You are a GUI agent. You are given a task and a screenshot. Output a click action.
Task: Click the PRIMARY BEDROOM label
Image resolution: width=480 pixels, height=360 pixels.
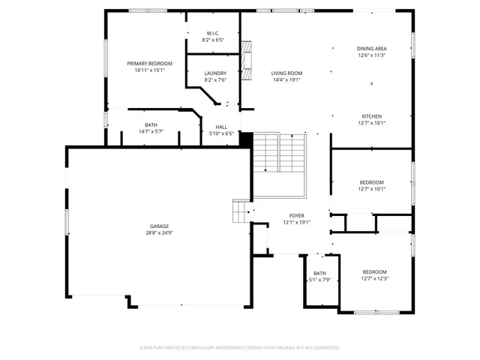[x=149, y=64]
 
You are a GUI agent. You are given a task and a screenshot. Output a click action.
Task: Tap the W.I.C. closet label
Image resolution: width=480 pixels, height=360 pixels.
[x=212, y=34]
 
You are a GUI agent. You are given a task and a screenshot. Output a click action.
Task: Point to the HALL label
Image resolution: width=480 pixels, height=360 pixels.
[x=221, y=127]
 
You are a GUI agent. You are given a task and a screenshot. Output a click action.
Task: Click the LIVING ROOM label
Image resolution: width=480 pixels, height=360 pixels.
[x=286, y=73]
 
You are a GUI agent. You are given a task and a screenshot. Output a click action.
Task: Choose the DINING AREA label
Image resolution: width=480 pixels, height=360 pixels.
[x=371, y=49]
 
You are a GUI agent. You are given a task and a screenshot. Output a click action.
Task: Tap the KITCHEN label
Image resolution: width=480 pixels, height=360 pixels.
[x=372, y=116]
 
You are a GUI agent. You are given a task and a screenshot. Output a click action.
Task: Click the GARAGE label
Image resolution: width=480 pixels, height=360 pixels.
[x=159, y=226]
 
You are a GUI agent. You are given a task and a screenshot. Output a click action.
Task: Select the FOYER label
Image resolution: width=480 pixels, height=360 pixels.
[x=296, y=215]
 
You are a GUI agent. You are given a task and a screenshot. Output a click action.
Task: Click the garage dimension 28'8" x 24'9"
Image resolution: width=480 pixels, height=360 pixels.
[x=159, y=232]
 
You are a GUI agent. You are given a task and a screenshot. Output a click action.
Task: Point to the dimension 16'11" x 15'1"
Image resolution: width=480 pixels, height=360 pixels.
[x=149, y=70]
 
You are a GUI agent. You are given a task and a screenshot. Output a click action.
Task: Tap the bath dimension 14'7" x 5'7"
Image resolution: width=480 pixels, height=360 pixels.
[x=151, y=131]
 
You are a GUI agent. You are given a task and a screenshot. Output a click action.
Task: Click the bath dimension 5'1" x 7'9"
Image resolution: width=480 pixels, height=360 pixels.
[x=320, y=280]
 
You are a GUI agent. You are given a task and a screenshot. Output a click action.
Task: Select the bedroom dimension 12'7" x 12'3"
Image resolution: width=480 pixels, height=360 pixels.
[x=374, y=279]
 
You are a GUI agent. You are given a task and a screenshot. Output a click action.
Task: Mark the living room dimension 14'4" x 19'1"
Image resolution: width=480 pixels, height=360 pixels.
[x=286, y=79]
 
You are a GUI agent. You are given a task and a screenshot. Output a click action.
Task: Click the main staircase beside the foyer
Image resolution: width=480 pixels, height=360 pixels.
[x=279, y=154]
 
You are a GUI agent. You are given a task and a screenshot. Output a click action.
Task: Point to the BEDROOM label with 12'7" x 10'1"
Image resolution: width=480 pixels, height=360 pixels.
[x=372, y=182]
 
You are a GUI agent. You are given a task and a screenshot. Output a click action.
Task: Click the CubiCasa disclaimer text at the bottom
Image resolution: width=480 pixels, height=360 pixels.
[x=239, y=348]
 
